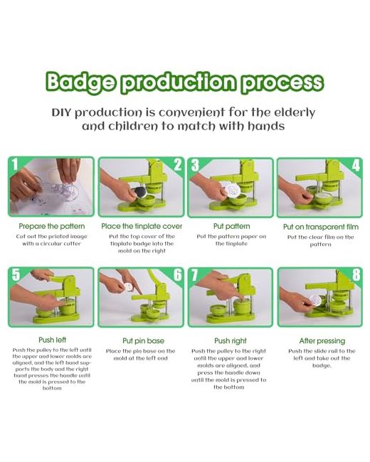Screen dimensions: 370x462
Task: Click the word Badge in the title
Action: [x=80, y=82]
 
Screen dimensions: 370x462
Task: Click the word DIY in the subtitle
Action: [x=62, y=112]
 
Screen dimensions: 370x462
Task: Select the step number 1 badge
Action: [x=15, y=164]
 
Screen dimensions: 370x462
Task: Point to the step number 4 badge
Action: [x=356, y=166]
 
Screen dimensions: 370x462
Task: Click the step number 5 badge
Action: [x=16, y=274]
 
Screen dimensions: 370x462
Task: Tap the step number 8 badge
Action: [x=356, y=275]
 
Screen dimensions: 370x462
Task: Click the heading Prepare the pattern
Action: [x=52, y=226]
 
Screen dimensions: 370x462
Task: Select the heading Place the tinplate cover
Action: [x=142, y=226]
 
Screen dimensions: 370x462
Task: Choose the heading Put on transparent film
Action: [x=321, y=227]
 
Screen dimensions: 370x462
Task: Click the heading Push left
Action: [x=52, y=340]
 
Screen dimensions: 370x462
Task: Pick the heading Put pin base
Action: [x=143, y=341]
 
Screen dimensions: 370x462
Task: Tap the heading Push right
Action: [x=230, y=341]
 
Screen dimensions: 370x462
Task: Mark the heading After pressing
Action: [x=322, y=341]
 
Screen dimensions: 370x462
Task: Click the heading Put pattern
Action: [x=231, y=226]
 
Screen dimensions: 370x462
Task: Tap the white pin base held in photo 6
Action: [x=129, y=286]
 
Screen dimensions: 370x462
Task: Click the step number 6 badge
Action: [x=178, y=275]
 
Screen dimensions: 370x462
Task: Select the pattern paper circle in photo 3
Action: [x=233, y=188]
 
